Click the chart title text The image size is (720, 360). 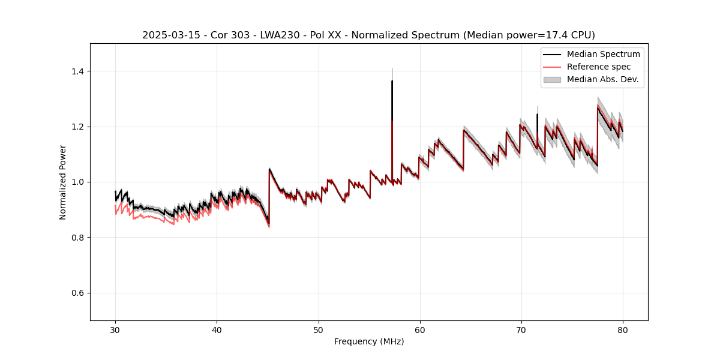pos(368,35)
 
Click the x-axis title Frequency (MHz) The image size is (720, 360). pos(369,341)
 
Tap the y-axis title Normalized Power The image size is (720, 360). pos(63,182)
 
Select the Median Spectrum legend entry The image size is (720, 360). pos(603,54)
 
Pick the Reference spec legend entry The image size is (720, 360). pos(598,67)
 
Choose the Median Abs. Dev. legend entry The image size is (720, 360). pos(602,79)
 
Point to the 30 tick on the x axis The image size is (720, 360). pos(115,329)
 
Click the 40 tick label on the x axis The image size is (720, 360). pos(217,329)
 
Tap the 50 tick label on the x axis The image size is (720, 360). pos(318,329)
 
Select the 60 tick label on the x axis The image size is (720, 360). pos(419,329)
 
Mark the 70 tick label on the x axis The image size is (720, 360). pos(521,329)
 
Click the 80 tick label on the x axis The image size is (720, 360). pos(622,329)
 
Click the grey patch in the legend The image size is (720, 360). pos(552,79)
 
